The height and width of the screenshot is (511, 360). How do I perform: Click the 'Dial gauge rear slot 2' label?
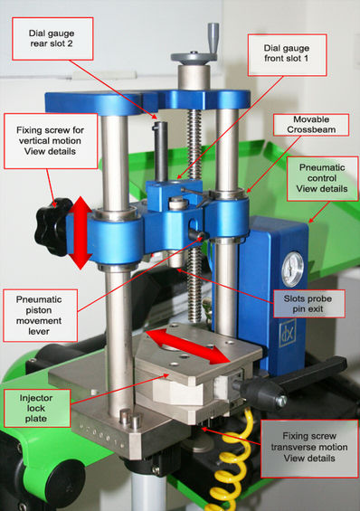52,39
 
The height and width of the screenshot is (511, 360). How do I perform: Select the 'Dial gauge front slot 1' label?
287,54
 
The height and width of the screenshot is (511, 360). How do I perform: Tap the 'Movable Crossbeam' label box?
311,125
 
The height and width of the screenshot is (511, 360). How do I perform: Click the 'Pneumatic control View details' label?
322,178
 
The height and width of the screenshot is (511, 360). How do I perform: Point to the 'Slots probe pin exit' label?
308,303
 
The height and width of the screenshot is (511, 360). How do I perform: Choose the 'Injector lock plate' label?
36,408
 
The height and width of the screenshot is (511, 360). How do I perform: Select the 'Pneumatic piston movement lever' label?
40,315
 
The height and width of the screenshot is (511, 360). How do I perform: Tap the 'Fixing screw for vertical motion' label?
51,141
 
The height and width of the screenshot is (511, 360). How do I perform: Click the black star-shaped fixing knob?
52,226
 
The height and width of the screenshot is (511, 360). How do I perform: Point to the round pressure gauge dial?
292,270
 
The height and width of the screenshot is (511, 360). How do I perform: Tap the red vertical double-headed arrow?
81,232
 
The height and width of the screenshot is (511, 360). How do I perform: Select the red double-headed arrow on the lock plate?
187,346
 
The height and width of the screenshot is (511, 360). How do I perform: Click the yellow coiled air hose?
232,463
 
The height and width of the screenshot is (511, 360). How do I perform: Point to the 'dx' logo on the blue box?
288,333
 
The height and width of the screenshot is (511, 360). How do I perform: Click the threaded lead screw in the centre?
194,215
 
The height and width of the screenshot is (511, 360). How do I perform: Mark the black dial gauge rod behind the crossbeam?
160,151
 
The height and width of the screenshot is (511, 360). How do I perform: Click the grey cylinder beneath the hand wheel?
194,77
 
